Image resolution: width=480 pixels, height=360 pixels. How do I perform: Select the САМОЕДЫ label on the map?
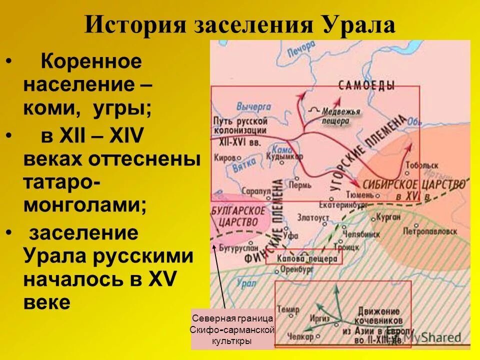point(366,85)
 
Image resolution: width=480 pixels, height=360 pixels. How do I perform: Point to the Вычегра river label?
point(254,106)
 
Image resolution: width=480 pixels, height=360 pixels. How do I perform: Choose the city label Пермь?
point(303,184)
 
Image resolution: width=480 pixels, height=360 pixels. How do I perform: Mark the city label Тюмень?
point(371,194)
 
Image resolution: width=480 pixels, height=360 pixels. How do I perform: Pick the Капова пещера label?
point(304,258)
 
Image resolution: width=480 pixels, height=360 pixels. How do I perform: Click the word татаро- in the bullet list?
point(60,182)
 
